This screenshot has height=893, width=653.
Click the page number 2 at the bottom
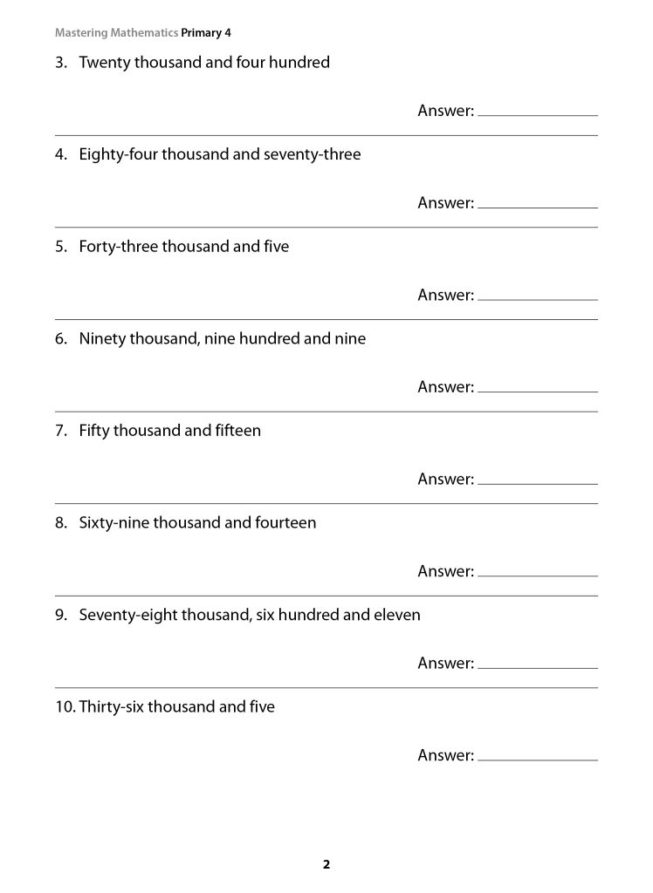coord(326,865)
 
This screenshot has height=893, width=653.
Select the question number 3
coord(60,63)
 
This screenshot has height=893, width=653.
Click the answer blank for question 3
coord(538,110)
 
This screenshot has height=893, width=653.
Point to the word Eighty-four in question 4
coord(118,155)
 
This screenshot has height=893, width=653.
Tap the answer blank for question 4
coord(538,202)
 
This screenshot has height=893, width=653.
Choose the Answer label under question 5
coord(445,295)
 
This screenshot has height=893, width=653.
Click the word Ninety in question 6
coord(102,339)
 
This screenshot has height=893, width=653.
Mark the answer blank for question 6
coord(538,386)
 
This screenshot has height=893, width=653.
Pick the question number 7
coord(60,431)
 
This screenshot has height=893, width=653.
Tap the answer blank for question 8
coord(538,570)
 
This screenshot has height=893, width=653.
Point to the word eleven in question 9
coord(397,615)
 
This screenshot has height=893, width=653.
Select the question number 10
coord(64,707)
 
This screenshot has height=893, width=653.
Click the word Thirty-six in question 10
coord(111,707)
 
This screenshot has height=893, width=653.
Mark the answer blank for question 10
coord(538,754)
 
